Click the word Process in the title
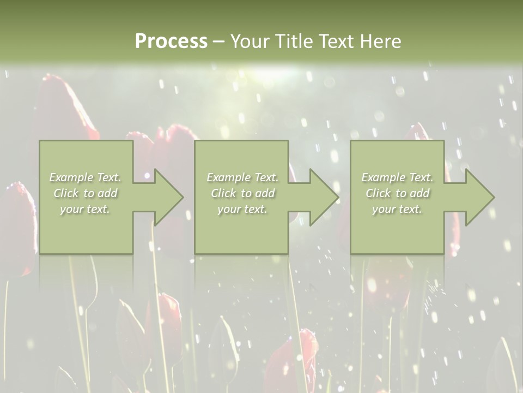tap(171, 41)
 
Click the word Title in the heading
tap(293, 41)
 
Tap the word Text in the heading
tap(337, 41)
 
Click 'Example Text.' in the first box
tap(86, 177)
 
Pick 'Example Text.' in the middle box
tap(242, 177)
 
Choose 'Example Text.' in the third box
tap(397, 177)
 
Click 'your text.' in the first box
tap(85, 209)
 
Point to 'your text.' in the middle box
tap(242, 209)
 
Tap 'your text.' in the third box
tap(397, 209)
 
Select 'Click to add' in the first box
tap(86, 193)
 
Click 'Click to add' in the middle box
tap(242, 193)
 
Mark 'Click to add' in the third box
tap(397, 193)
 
